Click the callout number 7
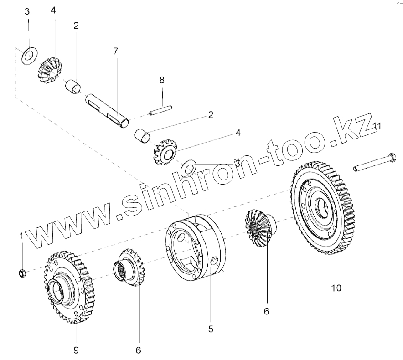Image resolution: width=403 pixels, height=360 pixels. coord(115,51)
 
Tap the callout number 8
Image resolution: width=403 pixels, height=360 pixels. coord(161,81)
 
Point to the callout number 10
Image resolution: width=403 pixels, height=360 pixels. coord(336,288)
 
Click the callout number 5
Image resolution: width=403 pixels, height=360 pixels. coord(210,328)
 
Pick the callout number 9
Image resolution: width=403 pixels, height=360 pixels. coord(76,350)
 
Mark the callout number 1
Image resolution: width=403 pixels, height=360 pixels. coord(21,236)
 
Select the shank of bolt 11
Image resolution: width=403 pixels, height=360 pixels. coord(369,165)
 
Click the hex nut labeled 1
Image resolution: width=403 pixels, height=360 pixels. coord(21,273)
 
